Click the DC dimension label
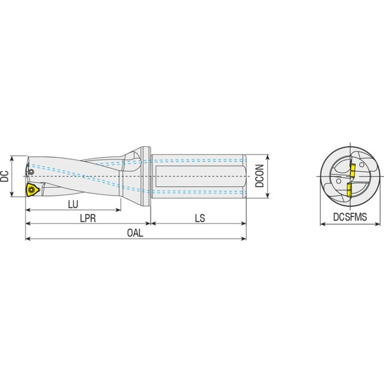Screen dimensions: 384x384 [4, 176]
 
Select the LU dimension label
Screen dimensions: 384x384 [73, 204]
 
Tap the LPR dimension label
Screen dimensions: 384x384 [88, 218]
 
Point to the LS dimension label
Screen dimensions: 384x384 [200, 218]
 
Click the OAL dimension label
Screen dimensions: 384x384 [135, 233]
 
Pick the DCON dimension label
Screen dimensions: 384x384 [260, 176]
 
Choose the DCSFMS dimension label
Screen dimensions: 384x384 [350, 217]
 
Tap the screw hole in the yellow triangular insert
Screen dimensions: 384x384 [31, 189]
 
